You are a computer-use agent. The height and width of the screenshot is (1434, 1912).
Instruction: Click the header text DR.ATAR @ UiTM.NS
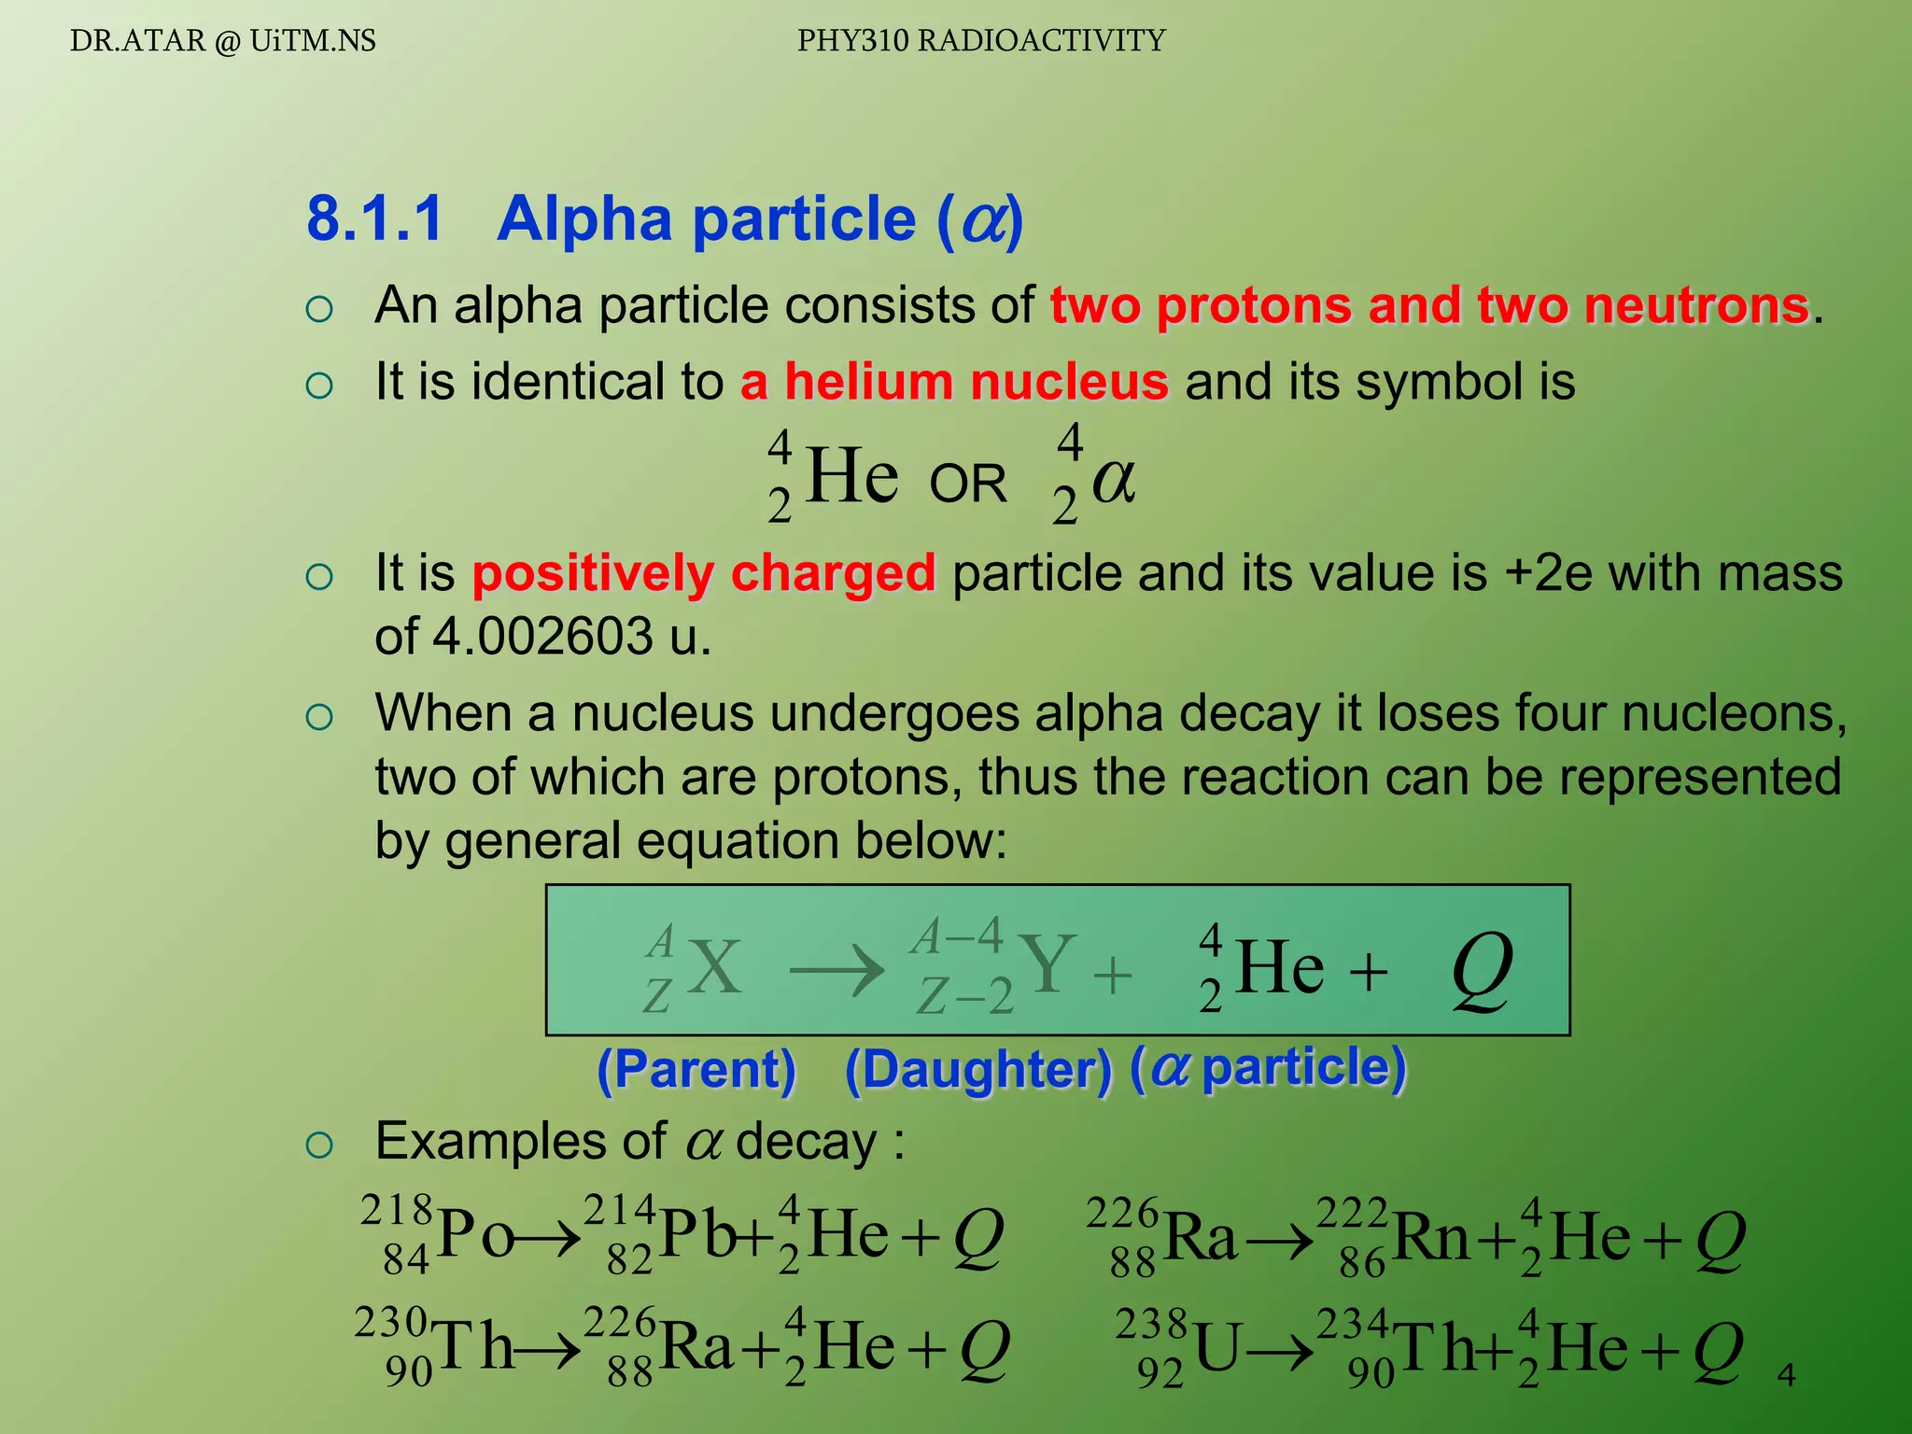click(222, 41)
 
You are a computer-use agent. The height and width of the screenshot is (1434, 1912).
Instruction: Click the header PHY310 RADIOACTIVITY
click(981, 41)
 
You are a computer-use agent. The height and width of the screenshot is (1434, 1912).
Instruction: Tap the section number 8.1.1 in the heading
click(374, 219)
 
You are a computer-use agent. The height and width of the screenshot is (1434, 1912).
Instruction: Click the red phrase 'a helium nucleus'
click(953, 382)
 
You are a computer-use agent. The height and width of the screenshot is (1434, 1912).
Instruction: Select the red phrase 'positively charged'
click(703, 573)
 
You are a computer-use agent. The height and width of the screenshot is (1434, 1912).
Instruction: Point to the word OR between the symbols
click(968, 484)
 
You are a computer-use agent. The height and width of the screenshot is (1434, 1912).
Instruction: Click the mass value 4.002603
click(542, 637)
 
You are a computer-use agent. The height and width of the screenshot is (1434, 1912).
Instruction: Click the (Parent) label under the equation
click(696, 1069)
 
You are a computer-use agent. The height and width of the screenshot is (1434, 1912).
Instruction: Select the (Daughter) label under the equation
click(978, 1070)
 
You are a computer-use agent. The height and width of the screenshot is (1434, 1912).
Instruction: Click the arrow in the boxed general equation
click(836, 971)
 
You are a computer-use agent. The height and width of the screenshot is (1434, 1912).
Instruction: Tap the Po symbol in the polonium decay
click(475, 1235)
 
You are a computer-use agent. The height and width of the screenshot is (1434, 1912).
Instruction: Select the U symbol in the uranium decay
click(1217, 1349)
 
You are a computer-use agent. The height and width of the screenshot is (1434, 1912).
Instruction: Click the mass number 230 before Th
click(391, 1322)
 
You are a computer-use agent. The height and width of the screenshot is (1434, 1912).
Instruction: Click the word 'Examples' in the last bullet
click(520, 1141)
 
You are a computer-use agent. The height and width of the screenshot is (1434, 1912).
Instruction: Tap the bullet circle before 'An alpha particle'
click(319, 309)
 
